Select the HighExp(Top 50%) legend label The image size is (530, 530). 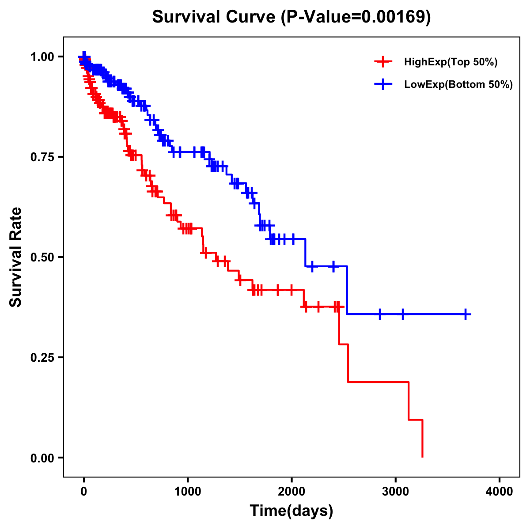tap(450, 62)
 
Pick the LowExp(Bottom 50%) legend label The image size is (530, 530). tap(458, 85)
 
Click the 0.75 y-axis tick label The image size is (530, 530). tap(42, 157)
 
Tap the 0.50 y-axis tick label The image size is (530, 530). tap(42, 257)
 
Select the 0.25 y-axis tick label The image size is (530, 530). tap(42, 357)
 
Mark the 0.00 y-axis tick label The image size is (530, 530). tap(42, 458)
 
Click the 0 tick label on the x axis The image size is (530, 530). tap(84, 492)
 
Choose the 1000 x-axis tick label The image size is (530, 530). tap(188, 492)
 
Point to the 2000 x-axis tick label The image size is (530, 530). tap(291, 492)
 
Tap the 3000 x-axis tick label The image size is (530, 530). tap(395, 492)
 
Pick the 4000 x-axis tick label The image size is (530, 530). tap(500, 492)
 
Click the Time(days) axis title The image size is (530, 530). tap(291, 511)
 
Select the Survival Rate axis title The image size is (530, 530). tap(16, 257)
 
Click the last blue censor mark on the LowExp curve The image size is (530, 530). tap(466, 314)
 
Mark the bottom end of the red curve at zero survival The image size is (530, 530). tap(423, 457)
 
